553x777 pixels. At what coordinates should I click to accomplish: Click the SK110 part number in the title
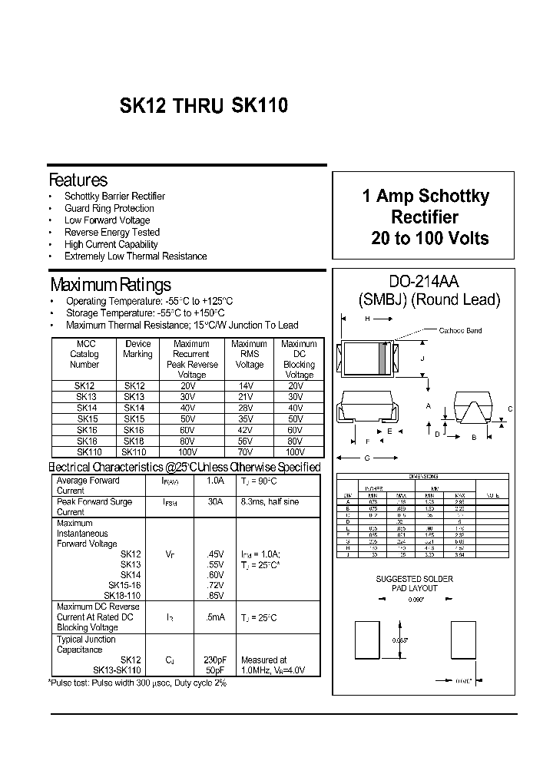pos(260,107)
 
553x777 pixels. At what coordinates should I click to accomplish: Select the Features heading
pos(78,180)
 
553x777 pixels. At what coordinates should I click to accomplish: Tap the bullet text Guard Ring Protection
pos(109,208)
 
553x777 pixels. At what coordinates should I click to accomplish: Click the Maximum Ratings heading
pos(110,286)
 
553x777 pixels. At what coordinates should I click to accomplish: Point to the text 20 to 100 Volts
pos(430,238)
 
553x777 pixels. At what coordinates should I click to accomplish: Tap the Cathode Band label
pos(461,331)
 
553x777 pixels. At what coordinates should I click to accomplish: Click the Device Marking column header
pos(137,349)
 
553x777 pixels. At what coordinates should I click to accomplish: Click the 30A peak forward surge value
pos(215,501)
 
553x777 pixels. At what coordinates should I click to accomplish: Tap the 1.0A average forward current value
pos(215,481)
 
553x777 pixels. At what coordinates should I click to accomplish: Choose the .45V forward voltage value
pos(215,554)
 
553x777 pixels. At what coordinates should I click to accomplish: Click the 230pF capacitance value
pos(215,660)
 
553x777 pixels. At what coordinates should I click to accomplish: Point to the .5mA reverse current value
pos(215,617)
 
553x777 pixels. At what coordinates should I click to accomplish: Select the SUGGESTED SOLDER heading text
pos(414,579)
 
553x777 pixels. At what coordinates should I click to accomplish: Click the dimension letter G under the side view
pos(367,458)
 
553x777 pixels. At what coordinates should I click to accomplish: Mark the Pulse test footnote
pos(138,682)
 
